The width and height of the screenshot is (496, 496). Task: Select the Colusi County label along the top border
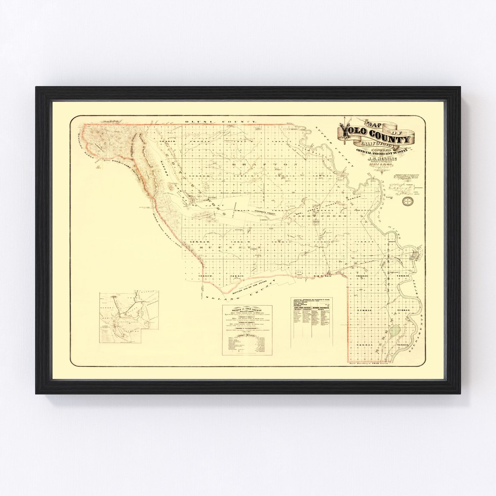(221, 122)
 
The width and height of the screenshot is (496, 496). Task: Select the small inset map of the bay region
(129, 317)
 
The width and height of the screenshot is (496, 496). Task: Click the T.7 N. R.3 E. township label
(363, 310)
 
